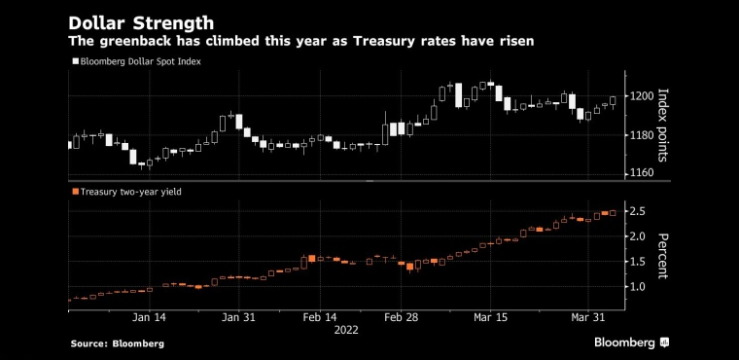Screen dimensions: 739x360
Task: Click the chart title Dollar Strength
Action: [x=141, y=22]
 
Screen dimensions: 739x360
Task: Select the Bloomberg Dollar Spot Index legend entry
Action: [x=137, y=61]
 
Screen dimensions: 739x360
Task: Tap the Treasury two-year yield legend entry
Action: [x=126, y=192]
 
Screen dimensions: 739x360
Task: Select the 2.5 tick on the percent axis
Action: [x=638, y=210]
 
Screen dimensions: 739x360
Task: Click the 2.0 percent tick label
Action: [x=638, y=235]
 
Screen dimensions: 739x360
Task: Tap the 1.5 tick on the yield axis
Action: [x=638, y=262]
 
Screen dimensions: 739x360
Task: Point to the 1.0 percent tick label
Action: [x=638, y=286]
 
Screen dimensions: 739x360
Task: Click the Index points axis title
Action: [x=662, y=126]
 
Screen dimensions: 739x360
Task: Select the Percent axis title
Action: [x=662, y=256]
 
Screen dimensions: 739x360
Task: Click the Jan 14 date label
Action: [x=149, y=317]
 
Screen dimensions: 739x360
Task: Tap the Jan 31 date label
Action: [x=238, y=317]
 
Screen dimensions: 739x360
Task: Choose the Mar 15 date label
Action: [x=490, y=317]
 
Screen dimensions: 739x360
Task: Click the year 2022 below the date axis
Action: [x=346, y=330]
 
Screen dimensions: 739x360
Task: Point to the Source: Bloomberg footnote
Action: [x=118, y=344]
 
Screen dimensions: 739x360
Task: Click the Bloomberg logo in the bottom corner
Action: [x=632, y=342]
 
